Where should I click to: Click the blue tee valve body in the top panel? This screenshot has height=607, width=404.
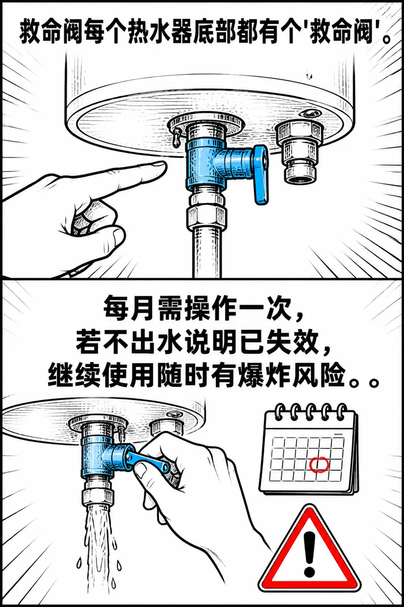(206, 165)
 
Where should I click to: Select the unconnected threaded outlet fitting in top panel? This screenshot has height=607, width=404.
(298, 152)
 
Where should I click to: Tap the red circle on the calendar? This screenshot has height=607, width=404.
(319, 464)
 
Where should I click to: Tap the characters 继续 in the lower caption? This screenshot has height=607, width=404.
(74, 375)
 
